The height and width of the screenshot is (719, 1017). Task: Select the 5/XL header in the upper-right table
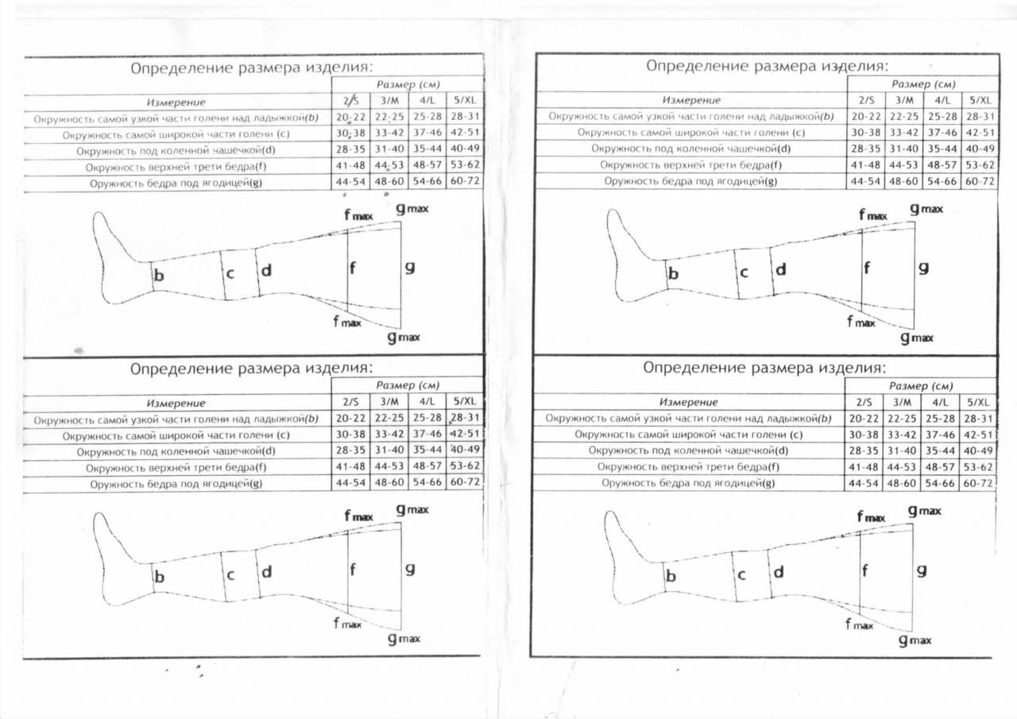point(979,100)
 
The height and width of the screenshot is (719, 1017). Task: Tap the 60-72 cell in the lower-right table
point(978,483)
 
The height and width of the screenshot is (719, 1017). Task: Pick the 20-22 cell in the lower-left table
point(350,418)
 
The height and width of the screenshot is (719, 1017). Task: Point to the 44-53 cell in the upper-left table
point(389,165)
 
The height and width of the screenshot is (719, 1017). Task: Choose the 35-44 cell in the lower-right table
point(942,450)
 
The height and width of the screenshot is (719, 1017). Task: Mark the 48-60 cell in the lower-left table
point(389,482)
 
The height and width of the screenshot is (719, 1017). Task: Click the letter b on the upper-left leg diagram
point(159,276)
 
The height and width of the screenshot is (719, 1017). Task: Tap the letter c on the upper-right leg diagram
point(744,273)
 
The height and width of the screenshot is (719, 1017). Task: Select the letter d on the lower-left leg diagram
point(267,571)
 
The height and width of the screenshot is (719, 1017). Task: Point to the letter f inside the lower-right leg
point(864,570)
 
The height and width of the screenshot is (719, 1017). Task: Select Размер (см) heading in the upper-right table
point(923,83)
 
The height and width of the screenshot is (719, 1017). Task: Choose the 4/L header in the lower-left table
point(427,402)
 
